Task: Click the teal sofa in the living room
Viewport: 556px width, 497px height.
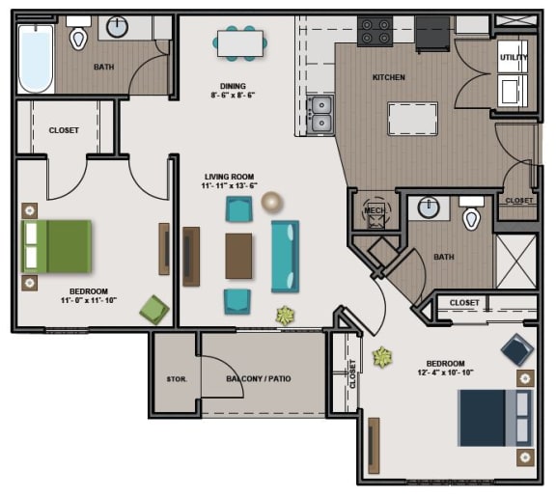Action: pyautogui.click(x=285, y=256)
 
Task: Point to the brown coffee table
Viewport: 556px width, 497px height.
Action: pyautogui.click(x=238, y=256)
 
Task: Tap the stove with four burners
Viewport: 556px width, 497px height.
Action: pyautogui.click(x=375, y=33)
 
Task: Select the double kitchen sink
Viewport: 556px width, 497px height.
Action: pyautogui.click(x=320, y=114)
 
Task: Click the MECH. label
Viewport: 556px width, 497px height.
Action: pyautogui.click(x=374, y=209)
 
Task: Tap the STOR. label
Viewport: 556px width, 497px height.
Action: pyautogui.click(x=176, y=378)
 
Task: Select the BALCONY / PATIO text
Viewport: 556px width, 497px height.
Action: pyautogui.click(x=260, y=378)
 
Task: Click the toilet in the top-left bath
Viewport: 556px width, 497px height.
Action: pyautogui.click(x=79, y=37)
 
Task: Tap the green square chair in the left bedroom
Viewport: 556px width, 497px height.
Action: pyautogui.click(x=154, y=310)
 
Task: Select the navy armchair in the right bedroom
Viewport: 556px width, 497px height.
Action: pyautogui.click(x=515, y=348)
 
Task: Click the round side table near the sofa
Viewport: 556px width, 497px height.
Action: pyautogui.click(x=272, y=202)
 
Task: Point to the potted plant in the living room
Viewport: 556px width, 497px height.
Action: pyautogui.click(x=285, y=315)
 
